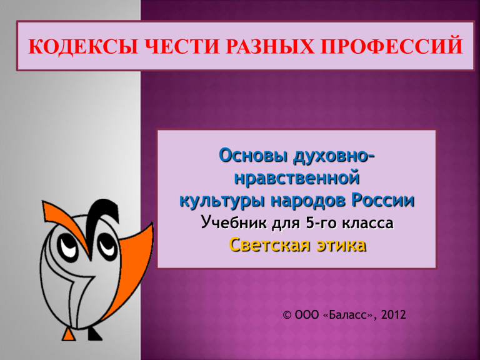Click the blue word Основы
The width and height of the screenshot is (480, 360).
click(x=253, y=156)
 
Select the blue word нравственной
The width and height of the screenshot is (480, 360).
click(x=297, y=178)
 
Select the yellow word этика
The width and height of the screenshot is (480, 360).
click(x=341, y=245)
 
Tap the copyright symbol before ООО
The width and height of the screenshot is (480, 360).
click(x=287, y=315)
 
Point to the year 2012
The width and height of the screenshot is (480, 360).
click(x=394, y=315)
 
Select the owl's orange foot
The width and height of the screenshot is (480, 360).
click(x=69, y=334)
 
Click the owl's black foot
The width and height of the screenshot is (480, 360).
click(x=94, y=334)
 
